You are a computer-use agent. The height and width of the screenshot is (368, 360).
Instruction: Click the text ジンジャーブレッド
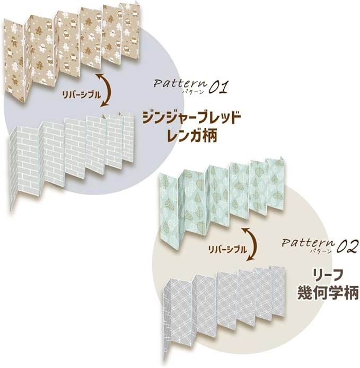[x=191, y=117]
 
